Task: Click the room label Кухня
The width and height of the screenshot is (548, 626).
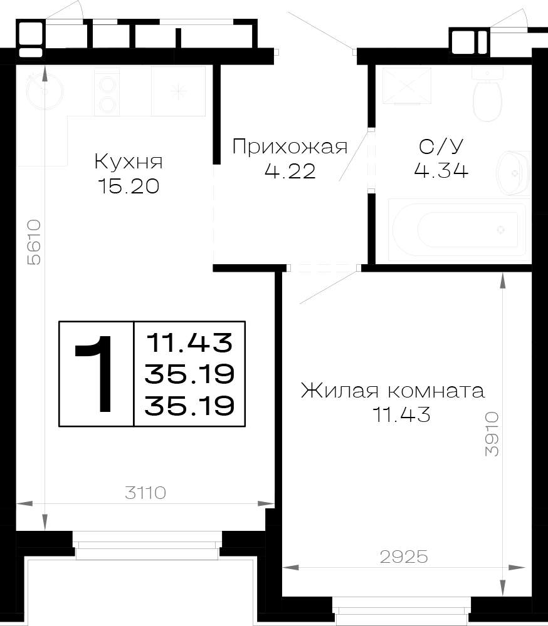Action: [x=129, y=162]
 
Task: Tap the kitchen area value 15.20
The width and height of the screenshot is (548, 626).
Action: [x=129, y=186]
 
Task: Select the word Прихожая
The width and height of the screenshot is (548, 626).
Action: [x=290, y=147]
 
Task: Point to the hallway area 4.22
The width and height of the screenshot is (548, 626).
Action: [x=290, y=171]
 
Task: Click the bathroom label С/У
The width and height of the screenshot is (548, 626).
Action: [x=441, y=146]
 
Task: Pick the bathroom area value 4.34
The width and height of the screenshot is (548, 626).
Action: [x=441, y=170]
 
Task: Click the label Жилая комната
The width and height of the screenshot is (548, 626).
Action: [x=393, y=391]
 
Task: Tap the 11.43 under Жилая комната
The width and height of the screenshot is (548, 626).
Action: [x=401, y=414]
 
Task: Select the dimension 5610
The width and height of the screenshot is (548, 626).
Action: [x=34, y=242]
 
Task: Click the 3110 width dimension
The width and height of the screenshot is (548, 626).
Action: [x=145, y=493]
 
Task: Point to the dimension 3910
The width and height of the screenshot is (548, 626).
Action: [x=492, y=434]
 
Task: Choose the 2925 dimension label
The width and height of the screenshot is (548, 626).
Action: [x=404, y=557]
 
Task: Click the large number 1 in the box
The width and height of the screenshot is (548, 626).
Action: [x=96, y=373]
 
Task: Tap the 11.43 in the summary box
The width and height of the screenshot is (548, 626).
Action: [x=189, y=343]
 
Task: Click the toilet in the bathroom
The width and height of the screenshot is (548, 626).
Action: [x=487, y=94]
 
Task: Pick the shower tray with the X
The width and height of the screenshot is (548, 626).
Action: [x=407, y=85]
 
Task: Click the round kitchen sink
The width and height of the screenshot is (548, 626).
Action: [x=44, y=91]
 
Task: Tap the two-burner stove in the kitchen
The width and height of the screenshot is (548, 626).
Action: [x=107, y=92]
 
